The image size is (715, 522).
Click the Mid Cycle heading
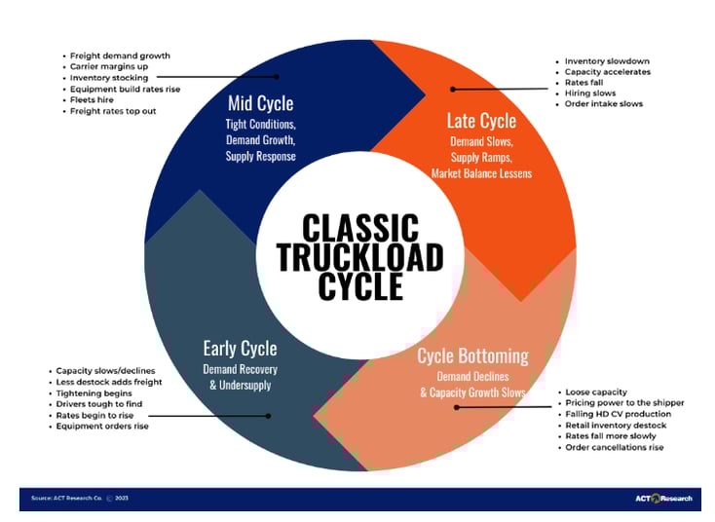pos(259,103)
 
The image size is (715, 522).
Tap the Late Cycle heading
pos(481,121)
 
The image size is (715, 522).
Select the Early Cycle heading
pos(240,348)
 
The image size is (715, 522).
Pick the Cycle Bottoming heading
pos(472,355)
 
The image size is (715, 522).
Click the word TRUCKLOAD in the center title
pos(359,256)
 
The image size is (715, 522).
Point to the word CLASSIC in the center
pos(359,228)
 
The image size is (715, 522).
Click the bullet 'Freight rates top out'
pos(113,111)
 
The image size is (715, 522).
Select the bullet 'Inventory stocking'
pos(108,77)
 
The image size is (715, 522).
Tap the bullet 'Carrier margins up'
pos(109,66)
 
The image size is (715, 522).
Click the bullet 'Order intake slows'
pos(604,104)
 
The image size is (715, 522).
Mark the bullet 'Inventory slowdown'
pos(607,61)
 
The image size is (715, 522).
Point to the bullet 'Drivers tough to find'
pos(99,403)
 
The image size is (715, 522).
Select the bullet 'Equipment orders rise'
pos(102,426)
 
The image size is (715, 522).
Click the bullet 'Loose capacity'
pos(596,391)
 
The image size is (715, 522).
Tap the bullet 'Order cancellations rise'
pos(615,447)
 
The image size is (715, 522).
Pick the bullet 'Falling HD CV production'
pos(619,414)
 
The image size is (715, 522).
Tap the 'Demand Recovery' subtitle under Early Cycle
pos(240,370)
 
